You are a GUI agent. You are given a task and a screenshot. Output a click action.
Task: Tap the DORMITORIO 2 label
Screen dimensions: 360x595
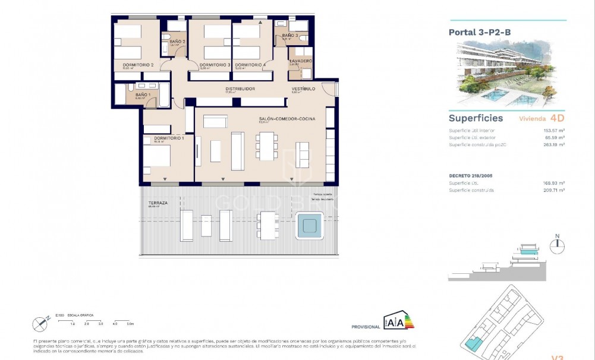[x=138, y=65]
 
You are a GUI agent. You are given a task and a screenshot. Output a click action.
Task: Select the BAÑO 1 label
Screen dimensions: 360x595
[x=143, y=94]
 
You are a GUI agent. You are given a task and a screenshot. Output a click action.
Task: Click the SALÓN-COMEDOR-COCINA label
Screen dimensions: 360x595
[x=287, y=119]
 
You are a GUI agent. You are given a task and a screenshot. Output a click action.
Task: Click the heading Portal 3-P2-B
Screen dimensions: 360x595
[x=476, y=33]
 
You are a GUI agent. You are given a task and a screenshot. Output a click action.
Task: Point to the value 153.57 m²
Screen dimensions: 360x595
[x=553, y=130]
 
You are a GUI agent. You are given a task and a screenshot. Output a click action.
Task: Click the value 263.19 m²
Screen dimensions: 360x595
[x=553, y=144]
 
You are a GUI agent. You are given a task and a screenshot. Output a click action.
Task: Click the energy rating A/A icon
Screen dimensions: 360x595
[x=398, y=320]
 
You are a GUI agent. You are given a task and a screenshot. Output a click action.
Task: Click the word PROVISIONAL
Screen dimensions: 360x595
[x=366, y=327]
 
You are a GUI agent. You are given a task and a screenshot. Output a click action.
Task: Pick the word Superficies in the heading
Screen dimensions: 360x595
[x=476, y=118]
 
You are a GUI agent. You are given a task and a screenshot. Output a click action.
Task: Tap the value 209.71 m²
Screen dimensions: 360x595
[x=553, y=190]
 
